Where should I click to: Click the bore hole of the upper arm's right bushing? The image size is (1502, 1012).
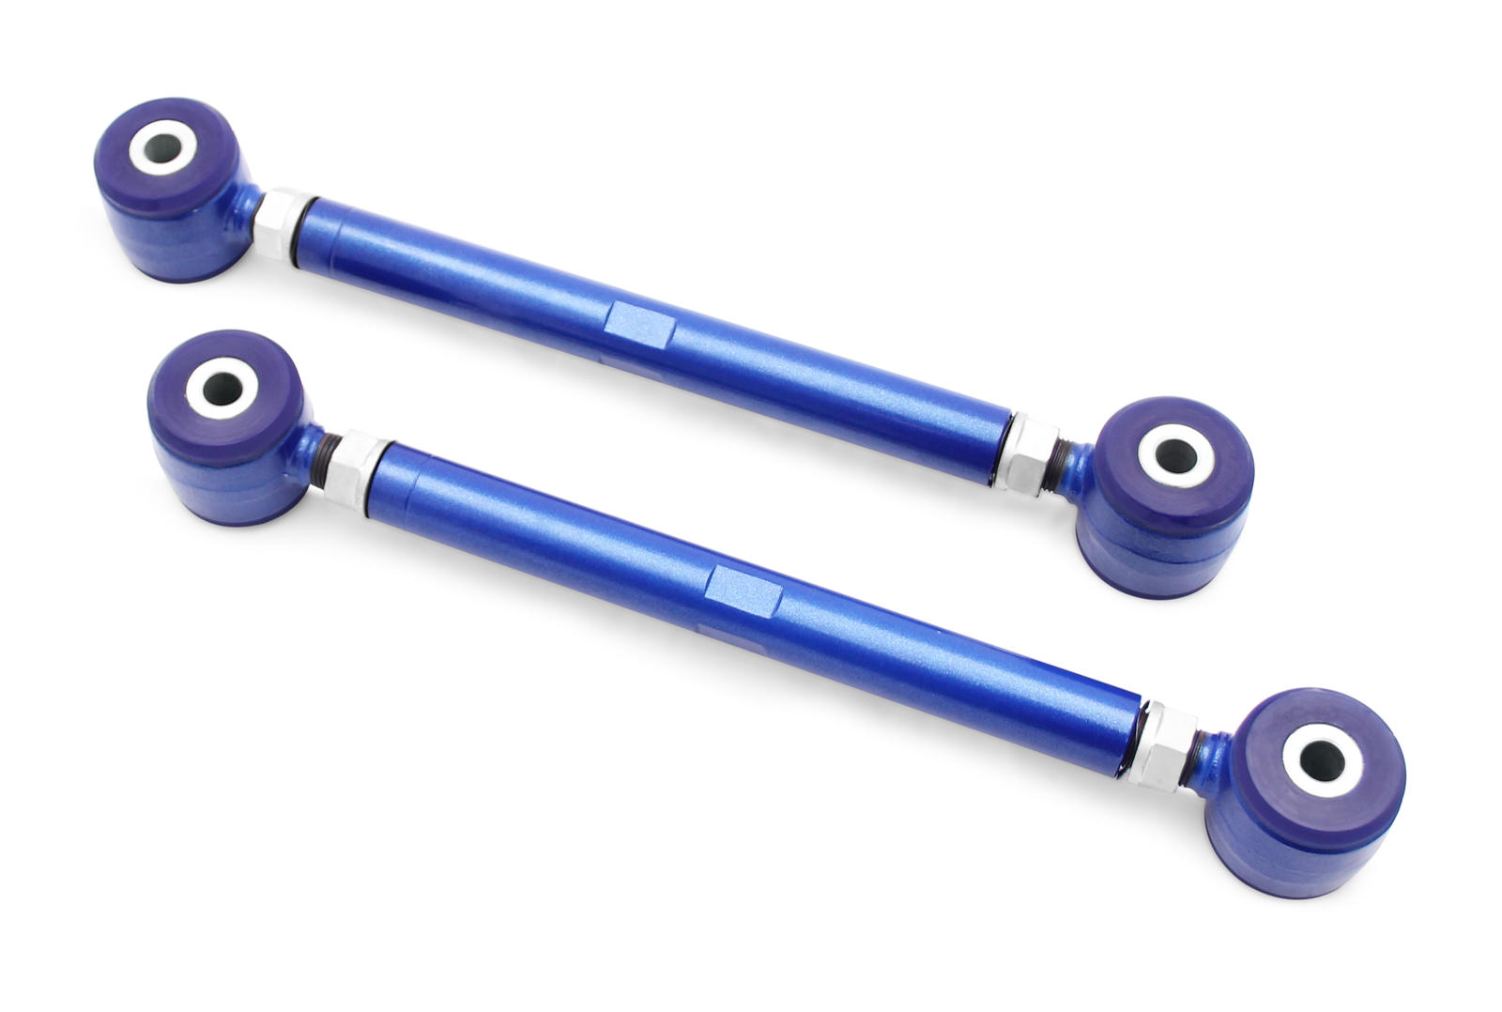1175,454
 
